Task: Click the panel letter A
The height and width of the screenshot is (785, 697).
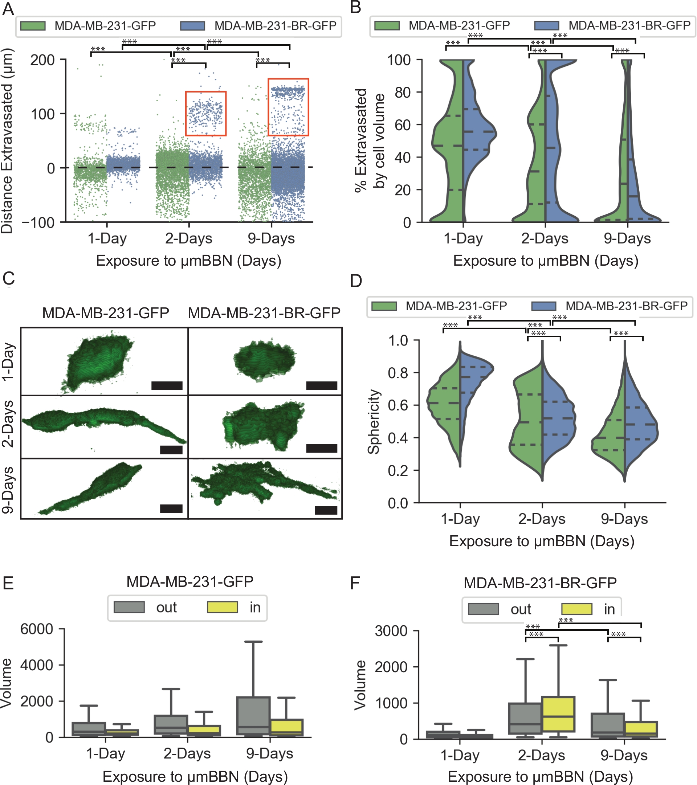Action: pyautogui.click(x=8, y=8)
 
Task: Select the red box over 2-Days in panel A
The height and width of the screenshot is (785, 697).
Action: pyautogui.click(x=205, y=113)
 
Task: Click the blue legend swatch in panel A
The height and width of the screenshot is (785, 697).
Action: pyautogui.click(x=192, y=26)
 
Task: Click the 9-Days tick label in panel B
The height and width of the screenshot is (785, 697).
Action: pyautogui.click(x=627, y=238)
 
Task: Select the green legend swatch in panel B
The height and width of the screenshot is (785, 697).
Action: pyautogui.click(x=387, y=25)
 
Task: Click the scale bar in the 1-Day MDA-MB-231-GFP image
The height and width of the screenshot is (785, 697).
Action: pyautogui.click(x=167, y=385)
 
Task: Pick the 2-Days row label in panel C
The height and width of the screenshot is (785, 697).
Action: pyautogui.click(x=8, y=424)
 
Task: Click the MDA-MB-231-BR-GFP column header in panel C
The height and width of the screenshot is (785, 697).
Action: pyautogui.click(x=264, y=313)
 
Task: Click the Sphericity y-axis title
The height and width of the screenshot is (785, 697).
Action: pyautogui.click(x=374, y=421)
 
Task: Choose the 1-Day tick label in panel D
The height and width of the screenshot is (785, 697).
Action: pyautogui.click(x=460, y=519)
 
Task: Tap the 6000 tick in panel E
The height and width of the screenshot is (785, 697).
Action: pyautogui.click(x=37, y=629)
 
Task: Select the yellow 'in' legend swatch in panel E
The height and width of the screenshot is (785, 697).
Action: pyautogui.click(x=222, y=607)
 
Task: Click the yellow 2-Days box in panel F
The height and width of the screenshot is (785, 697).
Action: pyautogui.click(x=558, y=714)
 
